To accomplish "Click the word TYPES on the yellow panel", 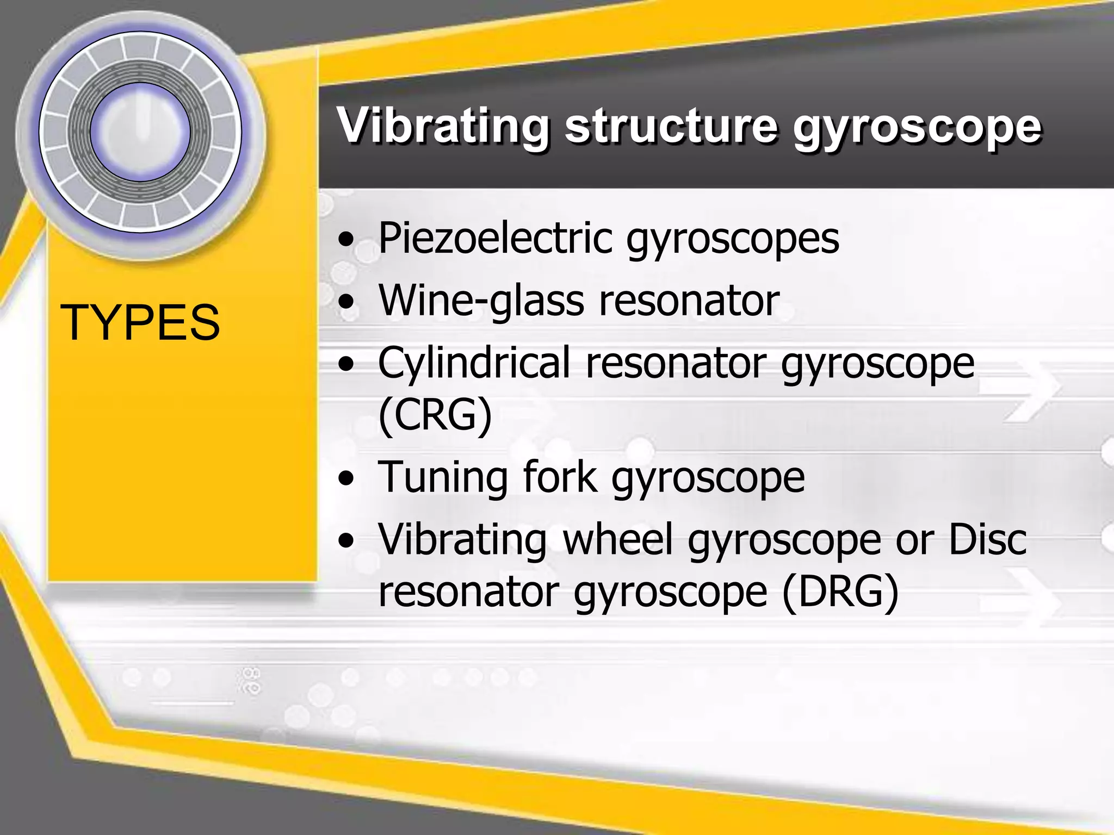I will click(140, 323).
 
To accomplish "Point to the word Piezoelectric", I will click(496, 239).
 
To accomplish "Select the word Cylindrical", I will click(474, 363).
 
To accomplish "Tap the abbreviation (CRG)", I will click(435, 415).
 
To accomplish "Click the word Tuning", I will click(443, 477).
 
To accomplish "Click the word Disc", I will click(988, 539).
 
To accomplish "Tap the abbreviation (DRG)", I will click(840, 591).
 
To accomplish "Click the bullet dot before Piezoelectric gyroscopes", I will click(346, 240).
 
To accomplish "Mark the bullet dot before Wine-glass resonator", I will click(346, 302).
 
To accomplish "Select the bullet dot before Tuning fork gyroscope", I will click(346, 479).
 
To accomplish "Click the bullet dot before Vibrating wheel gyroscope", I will click(346, 541).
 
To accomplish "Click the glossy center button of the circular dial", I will click(140, 132).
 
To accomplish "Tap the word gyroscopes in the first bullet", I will click(733, 240).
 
